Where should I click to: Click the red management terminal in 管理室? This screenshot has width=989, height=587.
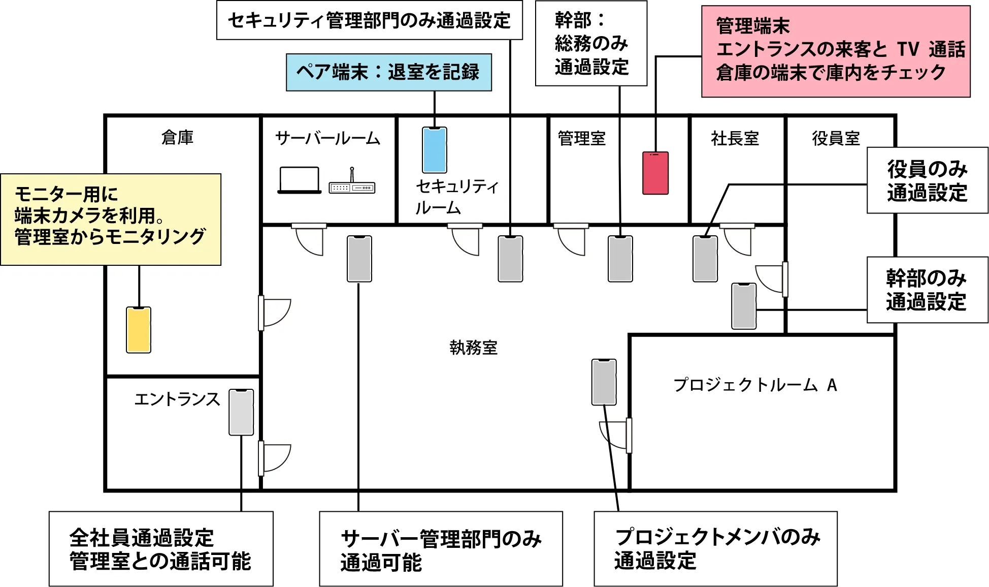655,173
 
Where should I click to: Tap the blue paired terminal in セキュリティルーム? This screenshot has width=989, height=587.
435,150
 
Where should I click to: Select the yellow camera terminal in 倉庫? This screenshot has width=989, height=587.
139,330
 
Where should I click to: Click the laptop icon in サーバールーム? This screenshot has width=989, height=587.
300,180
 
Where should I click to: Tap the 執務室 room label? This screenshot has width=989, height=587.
473,348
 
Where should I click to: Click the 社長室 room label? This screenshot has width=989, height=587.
735,138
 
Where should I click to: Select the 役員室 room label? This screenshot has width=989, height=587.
836,138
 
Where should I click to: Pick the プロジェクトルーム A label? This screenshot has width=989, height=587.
755,385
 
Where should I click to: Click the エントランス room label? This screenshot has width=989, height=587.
177,399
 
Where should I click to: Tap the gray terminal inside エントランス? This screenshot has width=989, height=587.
241,412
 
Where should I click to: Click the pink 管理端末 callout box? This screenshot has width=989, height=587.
836,51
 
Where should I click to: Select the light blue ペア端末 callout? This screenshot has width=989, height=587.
388,72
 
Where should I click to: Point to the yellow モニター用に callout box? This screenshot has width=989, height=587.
111,219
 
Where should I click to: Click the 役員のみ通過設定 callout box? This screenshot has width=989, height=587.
927,180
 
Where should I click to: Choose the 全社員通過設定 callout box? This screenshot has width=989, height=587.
161,549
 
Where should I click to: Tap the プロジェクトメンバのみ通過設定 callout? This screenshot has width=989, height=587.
715,549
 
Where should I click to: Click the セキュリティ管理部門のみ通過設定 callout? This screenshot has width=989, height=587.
369,20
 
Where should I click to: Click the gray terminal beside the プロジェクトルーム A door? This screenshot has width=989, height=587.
604,382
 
